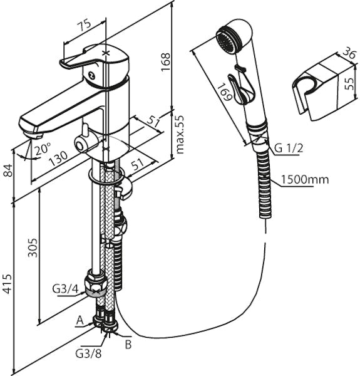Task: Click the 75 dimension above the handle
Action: coord(85,26)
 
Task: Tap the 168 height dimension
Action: coord(165,61)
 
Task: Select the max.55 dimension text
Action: coord(180,135)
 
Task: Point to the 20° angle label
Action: coord(43,149)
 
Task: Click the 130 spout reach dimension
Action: coord(58,159)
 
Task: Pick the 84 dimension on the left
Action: coord(9,170)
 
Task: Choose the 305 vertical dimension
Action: coord(33,248)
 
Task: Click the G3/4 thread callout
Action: coord(65,289)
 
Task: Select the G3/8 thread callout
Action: coord(88,353)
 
